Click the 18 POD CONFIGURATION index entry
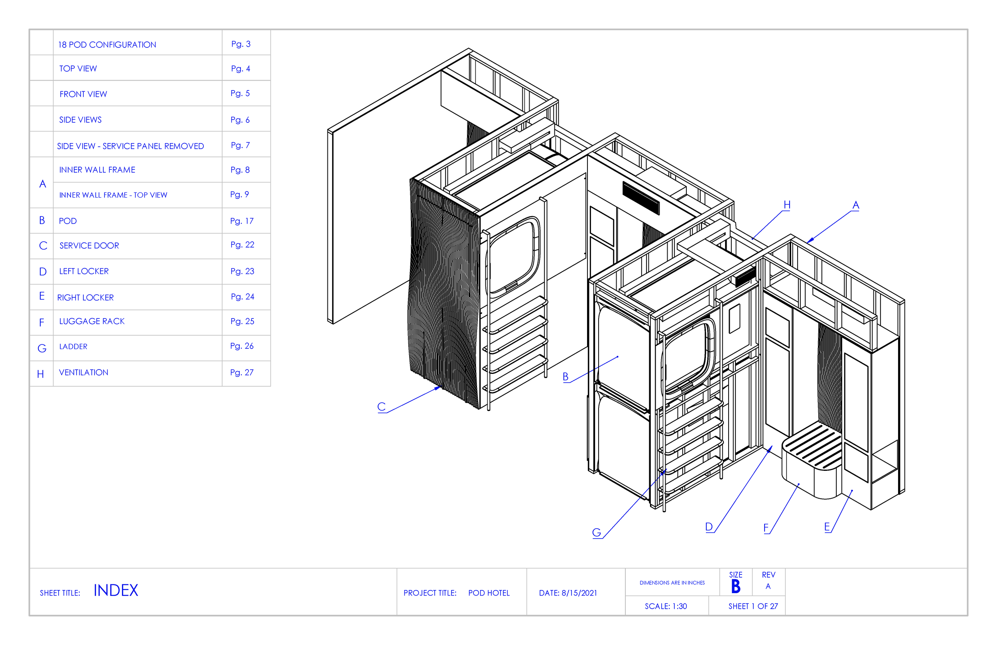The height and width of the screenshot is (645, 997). click(x=107, y=45)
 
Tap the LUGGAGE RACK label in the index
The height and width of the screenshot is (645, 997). click(x=92, y=321)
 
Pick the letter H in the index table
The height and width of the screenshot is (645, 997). click(x=41, y=374)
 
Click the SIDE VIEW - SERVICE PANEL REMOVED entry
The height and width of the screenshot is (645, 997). click(x=130, y=146)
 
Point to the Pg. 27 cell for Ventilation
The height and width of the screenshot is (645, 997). click(x=242, y=372)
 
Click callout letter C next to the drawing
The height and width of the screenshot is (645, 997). click(x=381, y=406)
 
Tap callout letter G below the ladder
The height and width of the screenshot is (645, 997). click(x=597, y=532)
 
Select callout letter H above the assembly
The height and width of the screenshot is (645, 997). click(x=787, y=205)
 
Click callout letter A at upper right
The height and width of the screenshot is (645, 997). click(x=856, y=205)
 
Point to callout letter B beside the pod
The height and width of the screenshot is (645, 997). click(x=565, y=377)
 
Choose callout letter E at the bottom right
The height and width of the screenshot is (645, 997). click(x=827, y=527)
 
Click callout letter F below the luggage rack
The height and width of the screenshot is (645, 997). click(x=766, y=528)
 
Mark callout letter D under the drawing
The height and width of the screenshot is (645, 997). click(x=709, y=527)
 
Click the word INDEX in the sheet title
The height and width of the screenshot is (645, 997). click(x=116, y=590)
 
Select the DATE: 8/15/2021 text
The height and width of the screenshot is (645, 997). click(x=567, y=593)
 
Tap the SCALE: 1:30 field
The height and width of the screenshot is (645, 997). click(x=666, y=606)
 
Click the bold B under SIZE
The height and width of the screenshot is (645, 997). click(x=736, y=586)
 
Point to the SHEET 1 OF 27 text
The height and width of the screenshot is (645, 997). click(x=753, y=606)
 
